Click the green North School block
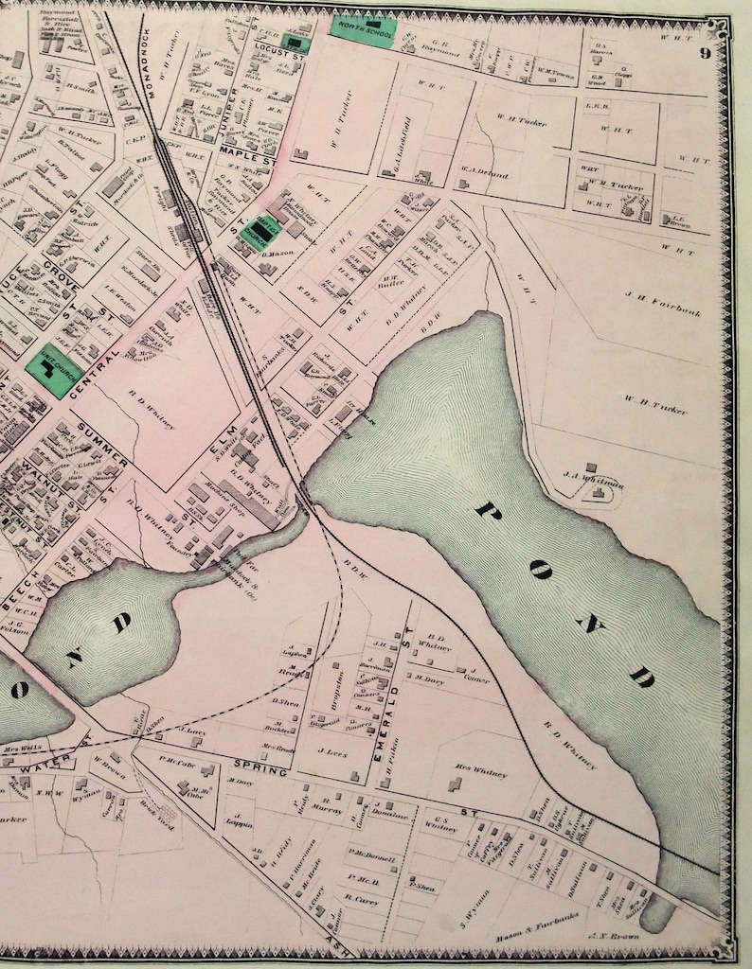click(x=362, y=26)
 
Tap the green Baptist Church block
click(x=256, y=230)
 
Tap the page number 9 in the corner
click(x=706, y=53)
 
